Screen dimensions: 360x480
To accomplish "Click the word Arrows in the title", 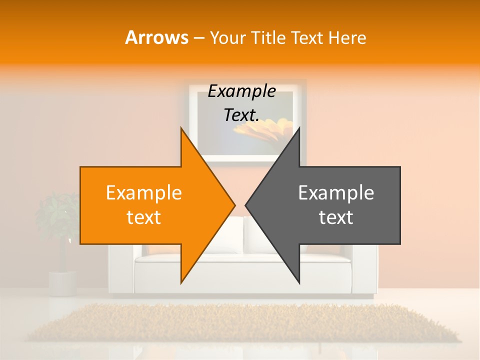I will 156,37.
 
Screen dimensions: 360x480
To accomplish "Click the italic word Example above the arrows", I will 241,91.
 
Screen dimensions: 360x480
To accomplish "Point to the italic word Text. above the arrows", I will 241,115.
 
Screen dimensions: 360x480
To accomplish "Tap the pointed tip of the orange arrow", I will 233,205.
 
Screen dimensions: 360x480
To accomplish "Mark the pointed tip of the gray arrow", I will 246,205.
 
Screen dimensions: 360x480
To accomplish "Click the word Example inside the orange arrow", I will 144,193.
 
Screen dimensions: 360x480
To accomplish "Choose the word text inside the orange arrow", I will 144,217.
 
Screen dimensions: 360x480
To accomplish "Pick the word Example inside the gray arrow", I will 336,193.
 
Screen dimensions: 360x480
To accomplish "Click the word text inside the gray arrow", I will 336,217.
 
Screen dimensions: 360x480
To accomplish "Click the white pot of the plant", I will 62,282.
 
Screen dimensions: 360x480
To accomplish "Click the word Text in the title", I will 307,38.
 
